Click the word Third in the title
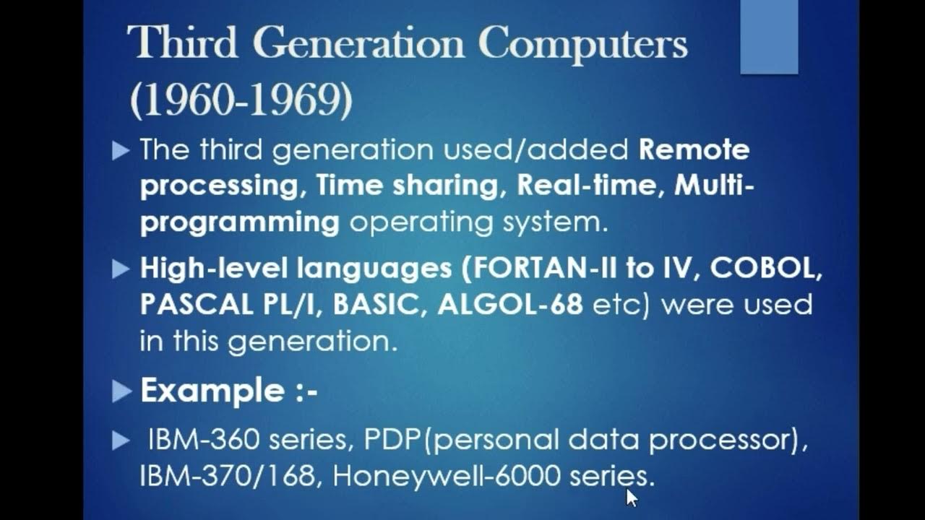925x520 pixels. pyautogui.click(x=182, y=44)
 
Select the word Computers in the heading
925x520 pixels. pyautogui.click(x=583, y=44)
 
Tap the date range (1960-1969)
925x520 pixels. pyautogui.click(x=241, y=102)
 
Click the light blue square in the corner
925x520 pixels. pyautogui.click(x=769, y=37)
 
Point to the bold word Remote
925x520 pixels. pyautogui.click(x=694, y=149)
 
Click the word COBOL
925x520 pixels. pyautogui.click(x=767, y=268)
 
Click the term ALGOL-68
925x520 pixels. pyautogui.click(x=510, y=304)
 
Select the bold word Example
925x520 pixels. pyautogui.click(x=212, y=391)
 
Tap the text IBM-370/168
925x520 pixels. pyautogui.click(x=231, y=477)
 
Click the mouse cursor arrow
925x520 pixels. pyautogui.click(x=631, y=497)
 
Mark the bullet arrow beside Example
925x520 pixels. pyautogui.click(x=121, y=391)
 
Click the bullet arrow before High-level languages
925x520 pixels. pyautogui.click(x=121, y=269)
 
